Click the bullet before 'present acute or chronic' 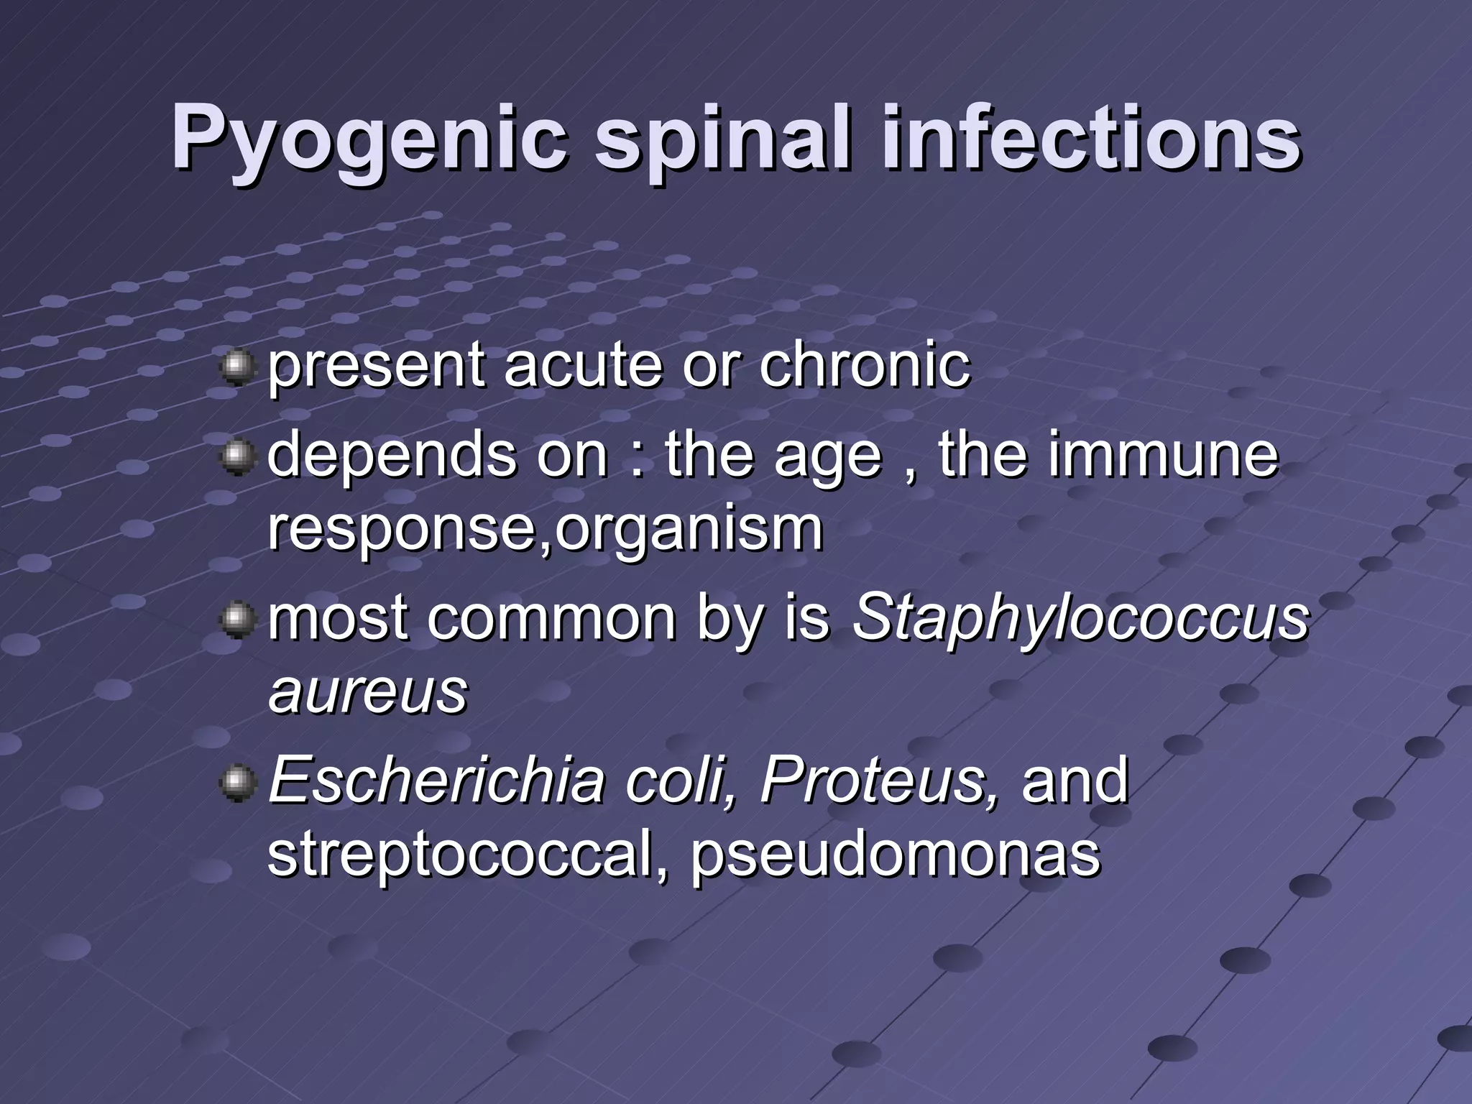[x=237, y=368]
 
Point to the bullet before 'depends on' [x=237, y=456]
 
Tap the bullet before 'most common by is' [x=237, y=620]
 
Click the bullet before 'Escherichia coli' [x=237, y=781]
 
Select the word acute [x=581, y=365]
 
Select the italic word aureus [x=367, y=691]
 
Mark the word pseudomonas [x=895, y=855]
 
